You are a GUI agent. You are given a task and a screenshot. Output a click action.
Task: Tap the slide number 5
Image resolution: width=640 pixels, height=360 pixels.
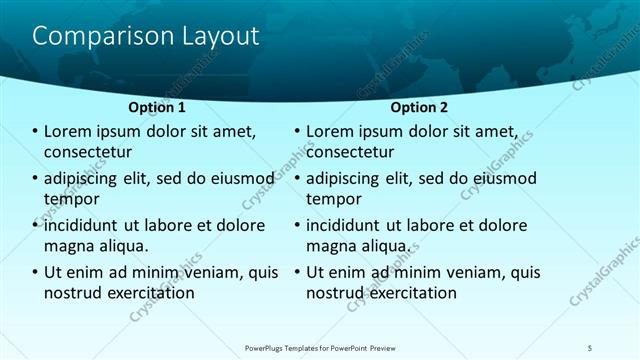click(x=590, y=347)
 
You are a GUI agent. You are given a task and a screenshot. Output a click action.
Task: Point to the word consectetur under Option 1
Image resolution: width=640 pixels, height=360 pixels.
click(x=89, y=153)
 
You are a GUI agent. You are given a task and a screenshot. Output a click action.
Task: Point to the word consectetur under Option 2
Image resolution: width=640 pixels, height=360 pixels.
click(x=350, y=153)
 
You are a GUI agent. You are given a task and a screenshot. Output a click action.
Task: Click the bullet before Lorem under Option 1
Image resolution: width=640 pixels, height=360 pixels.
click(x=35, y=131)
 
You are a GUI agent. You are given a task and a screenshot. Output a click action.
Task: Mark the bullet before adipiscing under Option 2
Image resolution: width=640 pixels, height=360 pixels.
click(x=297, y=178)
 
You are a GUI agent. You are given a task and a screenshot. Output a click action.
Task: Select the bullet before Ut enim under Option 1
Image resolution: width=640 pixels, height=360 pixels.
click(x=35, y=272)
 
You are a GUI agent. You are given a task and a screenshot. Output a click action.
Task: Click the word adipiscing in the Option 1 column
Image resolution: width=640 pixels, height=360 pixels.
click(x=85, y=178)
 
